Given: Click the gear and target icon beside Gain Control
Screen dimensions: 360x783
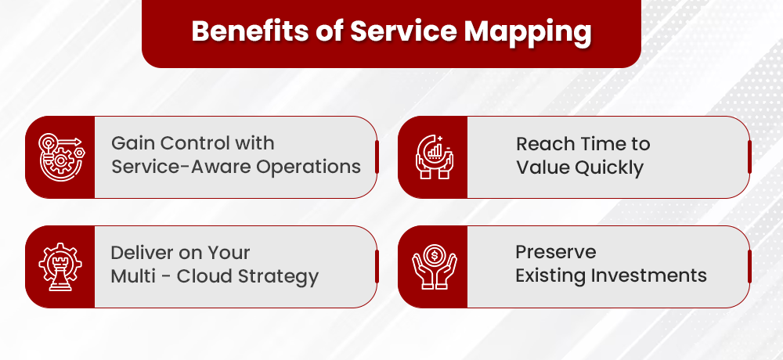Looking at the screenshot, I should point(60,157).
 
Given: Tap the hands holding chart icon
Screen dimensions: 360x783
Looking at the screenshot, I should point(433,157).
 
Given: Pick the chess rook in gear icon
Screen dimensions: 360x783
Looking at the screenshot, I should point(60,266).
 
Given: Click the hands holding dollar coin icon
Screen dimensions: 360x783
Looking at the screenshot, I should point(433,266).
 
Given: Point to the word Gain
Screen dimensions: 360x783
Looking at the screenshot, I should point(130,144).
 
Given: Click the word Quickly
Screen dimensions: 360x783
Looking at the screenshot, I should point(607,167).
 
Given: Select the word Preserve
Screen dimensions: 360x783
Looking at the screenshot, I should point(555,252).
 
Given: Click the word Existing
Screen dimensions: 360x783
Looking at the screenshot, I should point(547,275).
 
